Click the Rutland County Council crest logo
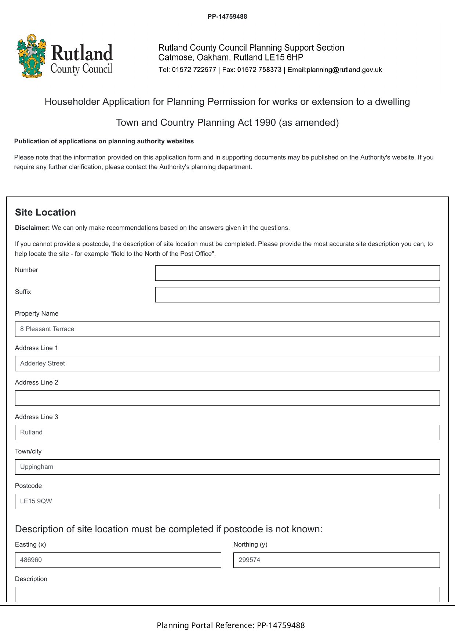click(32, 56)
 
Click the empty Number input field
click(297, 273)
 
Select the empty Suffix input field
click(297, 295)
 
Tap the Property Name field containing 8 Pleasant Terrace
click(227, 329)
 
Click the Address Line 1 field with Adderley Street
click(227, 364)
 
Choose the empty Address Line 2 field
click(227, 398)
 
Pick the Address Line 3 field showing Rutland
click(227, 433)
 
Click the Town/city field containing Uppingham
click(227, 467)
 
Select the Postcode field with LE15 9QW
click(227, 501)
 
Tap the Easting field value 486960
click(118, 560)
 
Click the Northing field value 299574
click(336, 560)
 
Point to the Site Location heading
click(45, 213)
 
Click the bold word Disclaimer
click(32, 228)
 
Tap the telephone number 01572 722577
click(194, 70)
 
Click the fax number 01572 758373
click(259, 70)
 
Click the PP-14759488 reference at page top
click(227, 16)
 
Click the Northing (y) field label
click(250, 544)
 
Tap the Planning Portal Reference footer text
click(230, 625)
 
